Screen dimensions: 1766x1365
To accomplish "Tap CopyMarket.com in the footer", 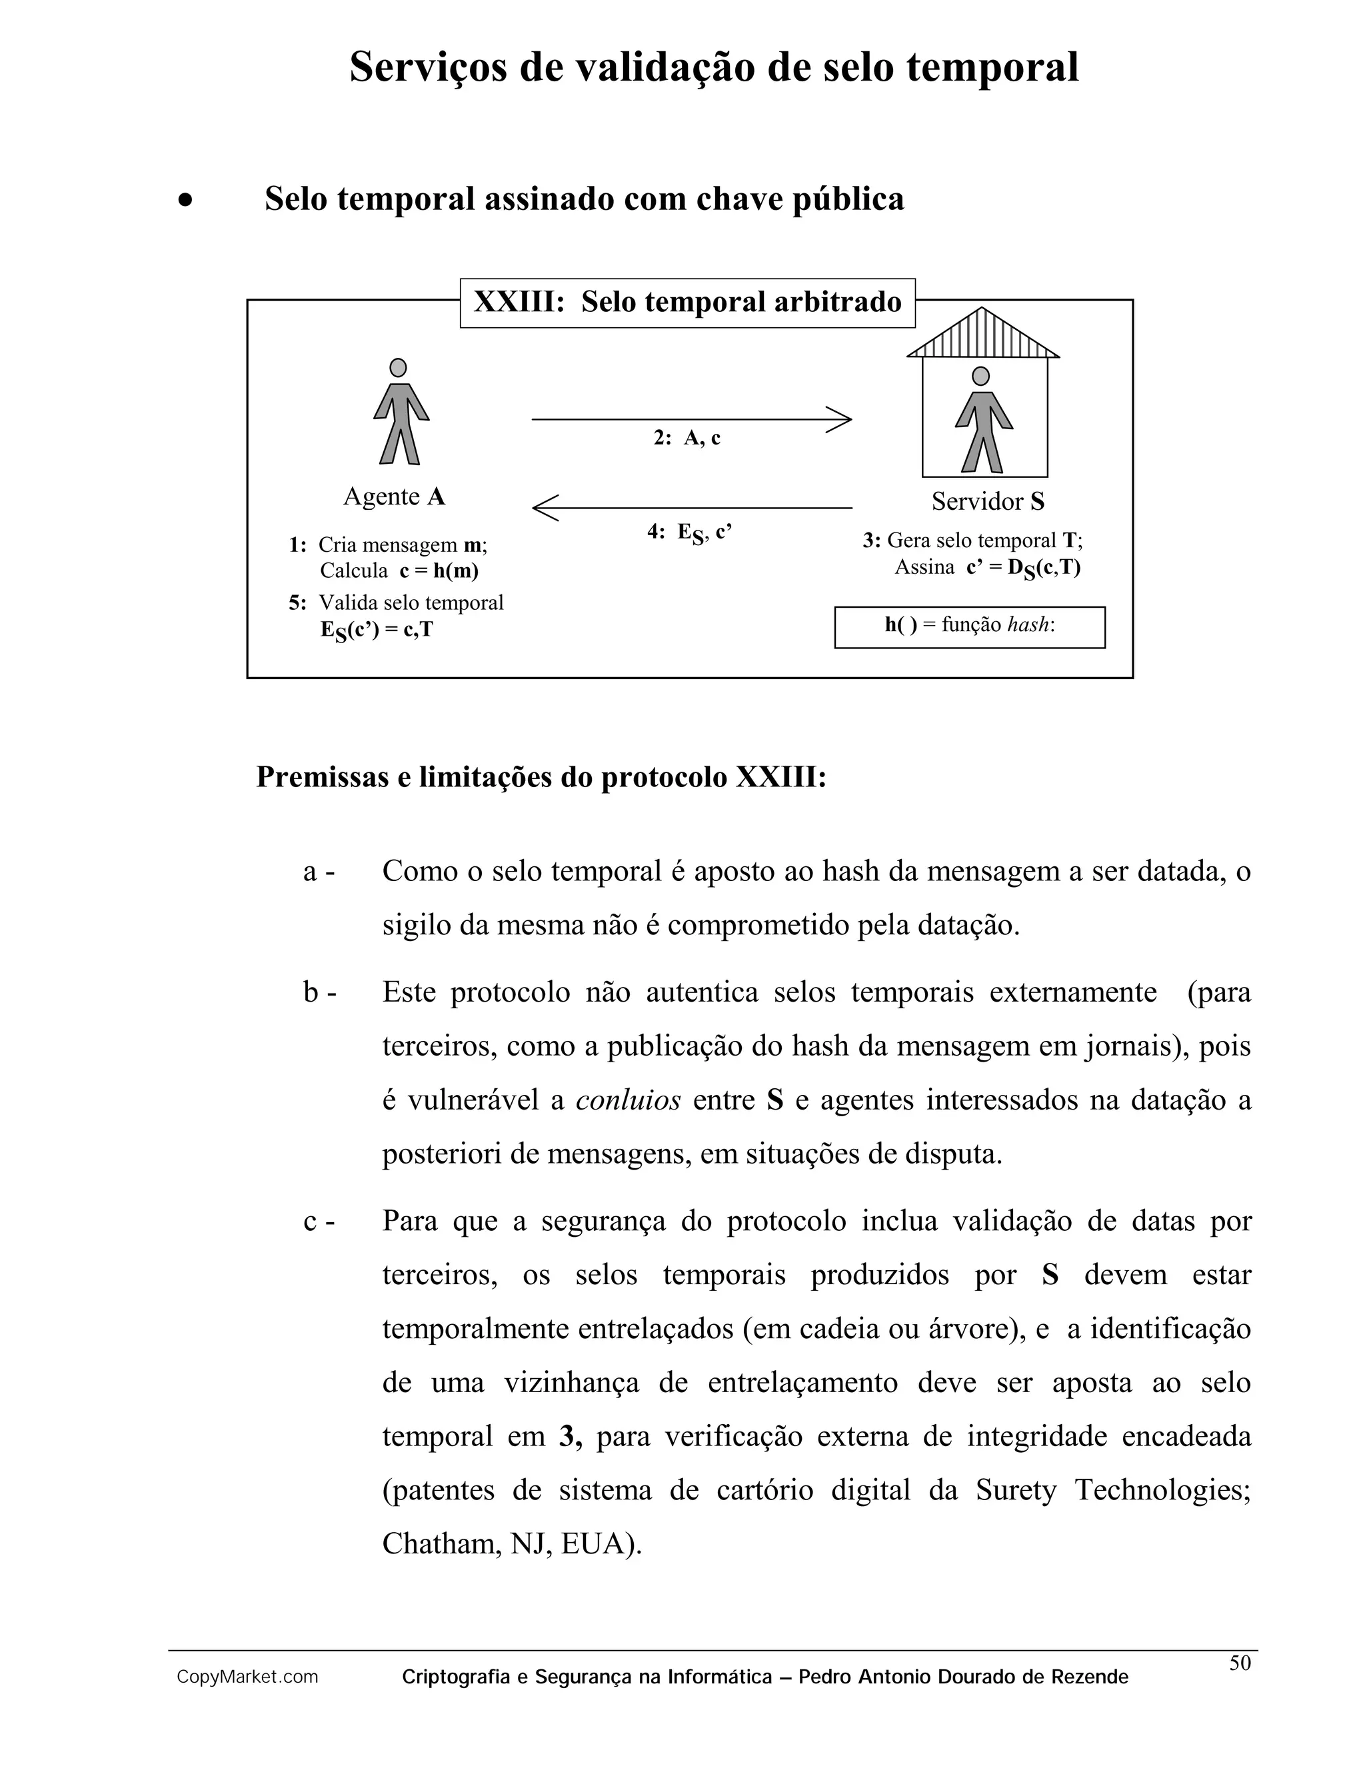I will click(x=247, y=1677).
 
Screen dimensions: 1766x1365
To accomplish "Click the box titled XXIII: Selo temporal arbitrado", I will click(x=687, y=303).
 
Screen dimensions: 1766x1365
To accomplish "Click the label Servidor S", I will click(x=987, y=501).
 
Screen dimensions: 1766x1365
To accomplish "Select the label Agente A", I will click(x=394, y=496).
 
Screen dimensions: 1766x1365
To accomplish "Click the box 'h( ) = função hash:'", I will click(x=970, y=626).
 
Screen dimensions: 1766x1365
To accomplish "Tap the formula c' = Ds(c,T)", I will click(x=1023, y=568).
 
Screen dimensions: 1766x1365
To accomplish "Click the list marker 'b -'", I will click(x=319, y=993).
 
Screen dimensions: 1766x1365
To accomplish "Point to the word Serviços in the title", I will click(x=429, y=68).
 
